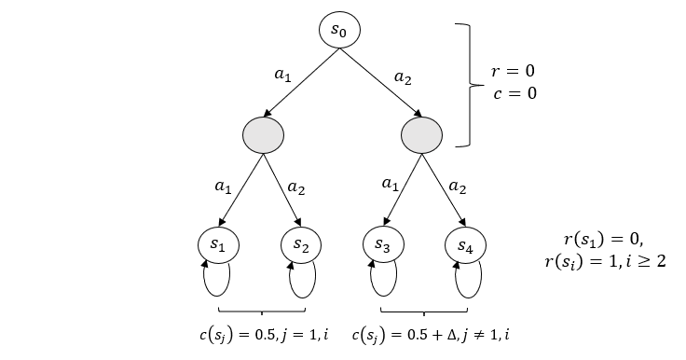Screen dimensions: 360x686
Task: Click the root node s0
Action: click(x=339, y=31)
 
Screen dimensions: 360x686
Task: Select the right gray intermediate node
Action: click(x=421, y=137)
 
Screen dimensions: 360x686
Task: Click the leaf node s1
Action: click(x=217, y=244)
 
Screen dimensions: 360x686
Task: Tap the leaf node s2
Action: click(x=300, y=244)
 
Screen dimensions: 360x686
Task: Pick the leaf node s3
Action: click(x=381, y=244)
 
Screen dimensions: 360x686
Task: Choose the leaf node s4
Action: click(x=464, y=244)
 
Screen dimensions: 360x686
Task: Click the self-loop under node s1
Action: click(x=217, y=276)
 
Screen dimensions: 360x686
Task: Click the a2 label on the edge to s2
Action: click(x=296, y=187)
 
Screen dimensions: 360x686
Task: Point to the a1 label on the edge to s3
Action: click(x=390, y=185)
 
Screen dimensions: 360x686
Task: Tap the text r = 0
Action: click(x=514, y=72)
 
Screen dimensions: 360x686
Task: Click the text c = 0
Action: click(x=514, y=93)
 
